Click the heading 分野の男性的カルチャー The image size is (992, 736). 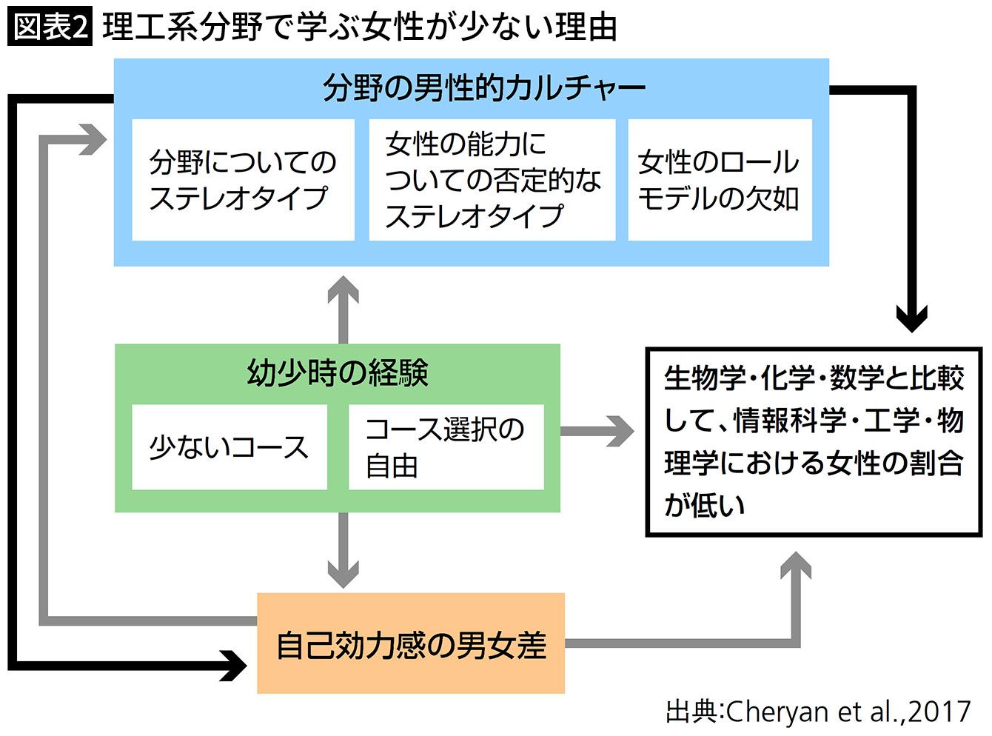coord(484,88)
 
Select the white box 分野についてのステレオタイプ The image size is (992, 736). coord(243,180)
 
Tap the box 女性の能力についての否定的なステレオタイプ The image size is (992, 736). coord(492,180)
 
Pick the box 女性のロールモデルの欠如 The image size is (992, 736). coord(720,180)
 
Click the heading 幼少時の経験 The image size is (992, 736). coord(338,372)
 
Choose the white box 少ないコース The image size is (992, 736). coord(229,447)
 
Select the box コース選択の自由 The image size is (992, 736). coord(446,447)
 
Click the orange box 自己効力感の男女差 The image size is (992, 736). coord(411,643)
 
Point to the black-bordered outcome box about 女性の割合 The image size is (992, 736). coord(814,441)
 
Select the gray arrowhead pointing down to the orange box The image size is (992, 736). coord(343,573)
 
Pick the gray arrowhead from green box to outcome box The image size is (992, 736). coord(620,432)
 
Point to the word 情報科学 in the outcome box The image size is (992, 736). coord(790,421)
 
